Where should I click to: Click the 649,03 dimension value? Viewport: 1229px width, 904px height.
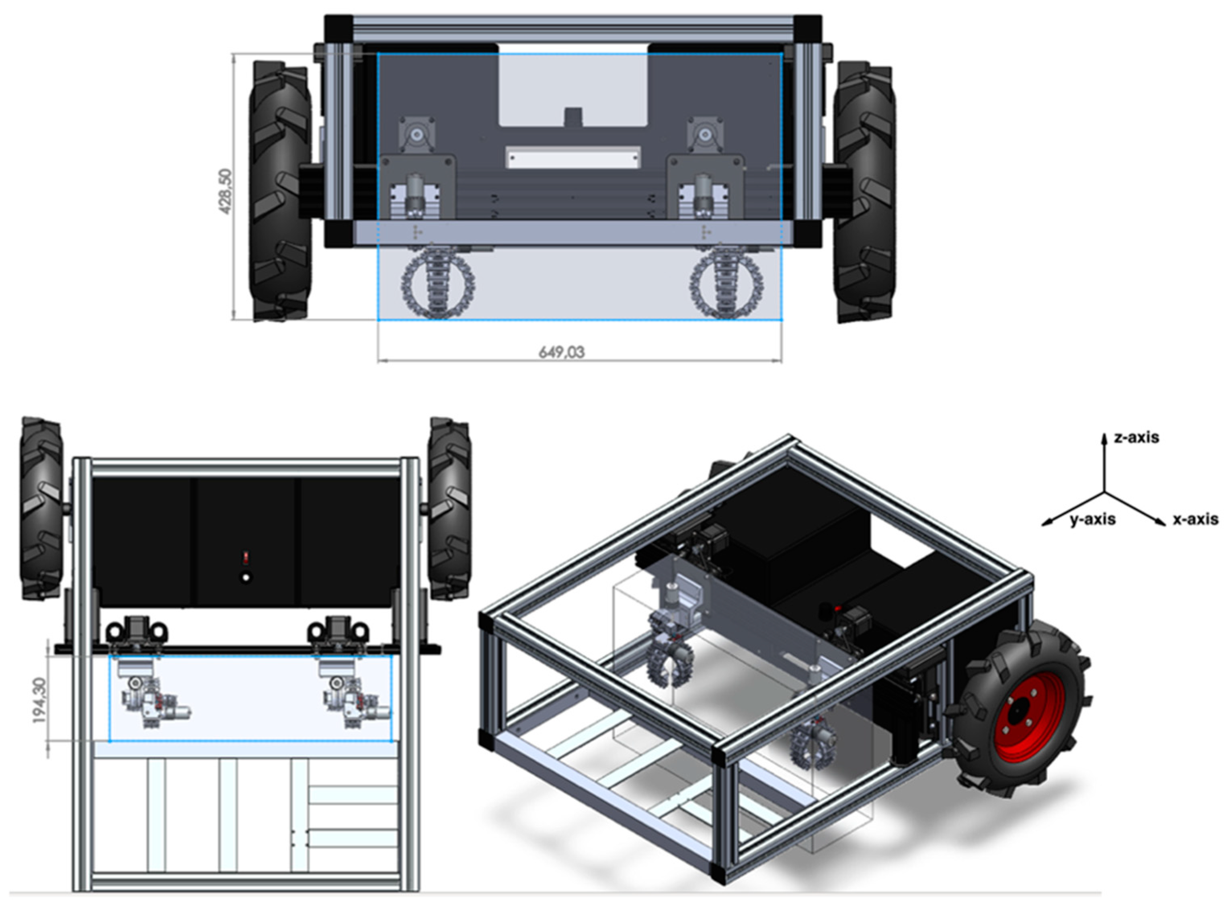tap(562, 352)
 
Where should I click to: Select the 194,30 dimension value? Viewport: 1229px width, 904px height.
tap(39, 700)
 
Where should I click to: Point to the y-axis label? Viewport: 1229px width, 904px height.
tap(1092, 519)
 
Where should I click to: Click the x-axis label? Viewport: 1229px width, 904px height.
tap(1195, 519)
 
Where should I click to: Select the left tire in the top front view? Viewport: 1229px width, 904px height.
tap(280, 192)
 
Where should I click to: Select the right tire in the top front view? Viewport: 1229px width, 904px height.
tap(864, 192)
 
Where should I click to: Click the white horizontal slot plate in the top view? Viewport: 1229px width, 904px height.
tap(572, 157)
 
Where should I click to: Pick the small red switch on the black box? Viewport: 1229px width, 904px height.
tap(246, 558)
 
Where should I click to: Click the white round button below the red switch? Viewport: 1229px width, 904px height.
tap(246, 577)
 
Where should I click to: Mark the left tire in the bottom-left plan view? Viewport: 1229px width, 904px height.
tap(41, 509)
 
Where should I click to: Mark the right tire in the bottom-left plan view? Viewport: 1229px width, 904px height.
tap(449, 509)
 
